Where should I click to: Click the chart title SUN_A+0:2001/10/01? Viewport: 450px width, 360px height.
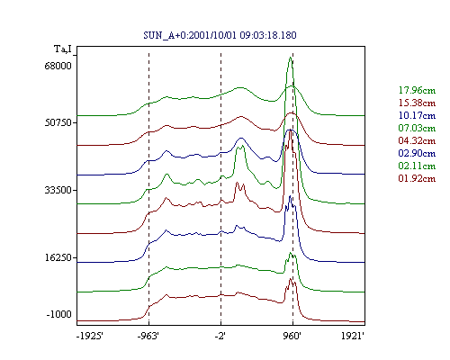(191, 35)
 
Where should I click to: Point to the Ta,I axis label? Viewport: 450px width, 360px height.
(63, 49)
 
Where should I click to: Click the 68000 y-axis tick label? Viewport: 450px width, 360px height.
(58, 66)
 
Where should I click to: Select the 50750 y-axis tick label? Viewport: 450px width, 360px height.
(58, 122)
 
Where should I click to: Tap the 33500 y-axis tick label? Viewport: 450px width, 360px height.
(58, 190)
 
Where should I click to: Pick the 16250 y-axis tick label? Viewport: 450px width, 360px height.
(58, 257)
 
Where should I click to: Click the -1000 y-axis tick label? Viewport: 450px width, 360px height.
(59, 314)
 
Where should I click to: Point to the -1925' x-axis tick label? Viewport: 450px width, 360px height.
(90, 336)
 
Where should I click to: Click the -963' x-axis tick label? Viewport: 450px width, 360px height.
(148, 336)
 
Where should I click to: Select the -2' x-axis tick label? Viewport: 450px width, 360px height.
(220, 336)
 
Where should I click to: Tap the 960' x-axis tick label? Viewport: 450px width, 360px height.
(292, 336)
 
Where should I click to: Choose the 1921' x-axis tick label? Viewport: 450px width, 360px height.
(353, 336)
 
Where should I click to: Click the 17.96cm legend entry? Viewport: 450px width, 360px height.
(417, 90)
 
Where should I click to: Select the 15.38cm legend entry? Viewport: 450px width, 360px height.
(417, 103)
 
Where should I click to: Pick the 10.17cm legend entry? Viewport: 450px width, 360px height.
(417, 115)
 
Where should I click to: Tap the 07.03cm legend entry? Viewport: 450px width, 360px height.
(417, 128)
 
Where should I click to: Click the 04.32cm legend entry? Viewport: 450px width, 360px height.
(417, 140)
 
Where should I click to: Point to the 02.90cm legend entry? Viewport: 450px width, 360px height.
(417, 153)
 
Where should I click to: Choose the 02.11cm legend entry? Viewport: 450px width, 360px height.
(417, 166)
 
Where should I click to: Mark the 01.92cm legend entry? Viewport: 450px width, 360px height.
(417, 178)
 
